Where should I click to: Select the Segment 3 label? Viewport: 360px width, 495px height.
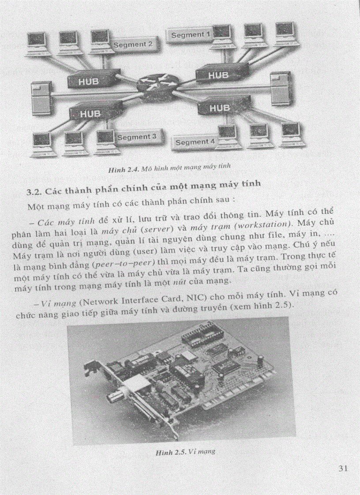pos(137,137)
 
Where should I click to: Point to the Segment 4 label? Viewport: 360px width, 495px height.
pos(195,142)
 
